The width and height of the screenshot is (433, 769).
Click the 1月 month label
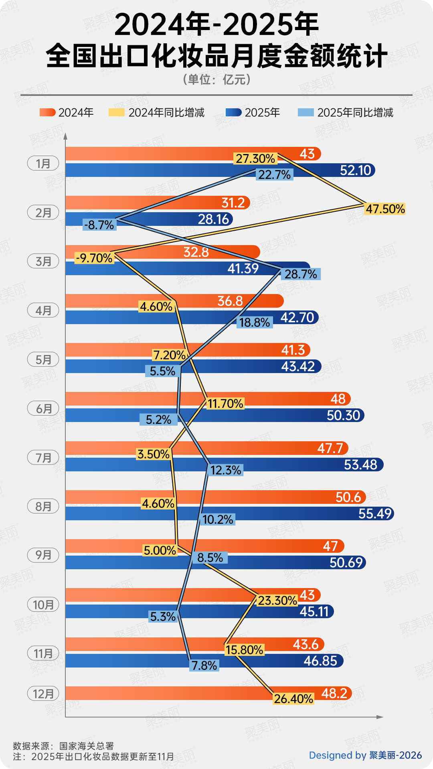click(43, 163)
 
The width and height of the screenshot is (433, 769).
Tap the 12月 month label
click(43, 694)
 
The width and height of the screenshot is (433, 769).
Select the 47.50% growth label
click(385, 209)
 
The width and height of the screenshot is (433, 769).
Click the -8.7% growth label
click(99, 225)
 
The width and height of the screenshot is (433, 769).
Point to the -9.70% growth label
click(94, 258)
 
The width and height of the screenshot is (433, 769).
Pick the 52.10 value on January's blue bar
click(355, 170)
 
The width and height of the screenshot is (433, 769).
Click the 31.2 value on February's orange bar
click(233, 203)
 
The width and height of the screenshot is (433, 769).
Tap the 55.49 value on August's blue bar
click(375, 514)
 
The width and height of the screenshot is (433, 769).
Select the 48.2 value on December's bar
click(334, 693)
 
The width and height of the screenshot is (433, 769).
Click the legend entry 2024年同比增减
click(166, 113)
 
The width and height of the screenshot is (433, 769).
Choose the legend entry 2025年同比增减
click(355, 113)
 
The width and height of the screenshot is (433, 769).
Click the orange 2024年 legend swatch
click(47, 112)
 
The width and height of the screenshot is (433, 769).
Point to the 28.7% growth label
click(301, 274)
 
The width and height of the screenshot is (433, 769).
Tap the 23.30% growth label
click(277, 601)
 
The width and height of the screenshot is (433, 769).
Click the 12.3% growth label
click(226, 470)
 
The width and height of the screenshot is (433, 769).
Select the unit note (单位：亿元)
click(217, 79)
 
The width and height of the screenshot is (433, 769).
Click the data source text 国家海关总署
click(87, 746)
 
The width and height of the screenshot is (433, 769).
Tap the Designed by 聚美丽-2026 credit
click(365, 755)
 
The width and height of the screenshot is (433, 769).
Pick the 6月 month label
click(43, 408)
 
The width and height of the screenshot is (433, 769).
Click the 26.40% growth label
click(293, 699)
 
